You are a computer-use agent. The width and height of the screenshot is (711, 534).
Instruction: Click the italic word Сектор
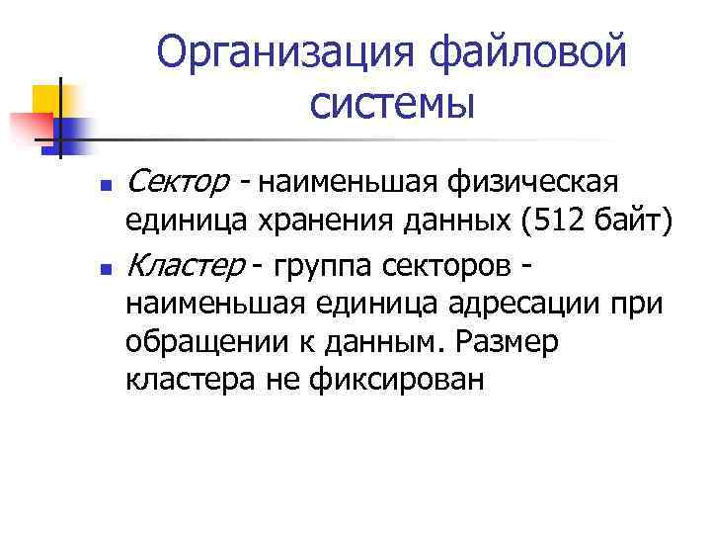coord(180,182)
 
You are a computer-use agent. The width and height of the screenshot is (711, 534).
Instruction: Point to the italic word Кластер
coord(187,265)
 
